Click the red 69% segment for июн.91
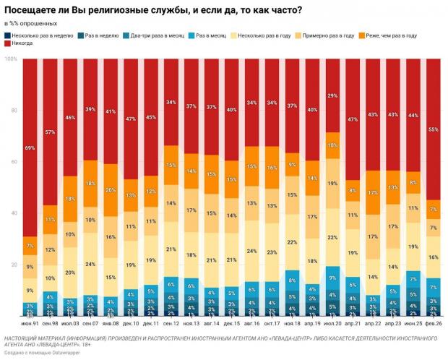coord(30,147)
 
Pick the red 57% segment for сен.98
coord(51,132)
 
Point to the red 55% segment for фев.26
coord(433,129)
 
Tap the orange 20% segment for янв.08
coord(111,190)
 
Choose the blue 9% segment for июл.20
coord(332,278)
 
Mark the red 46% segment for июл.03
coord(71,117)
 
